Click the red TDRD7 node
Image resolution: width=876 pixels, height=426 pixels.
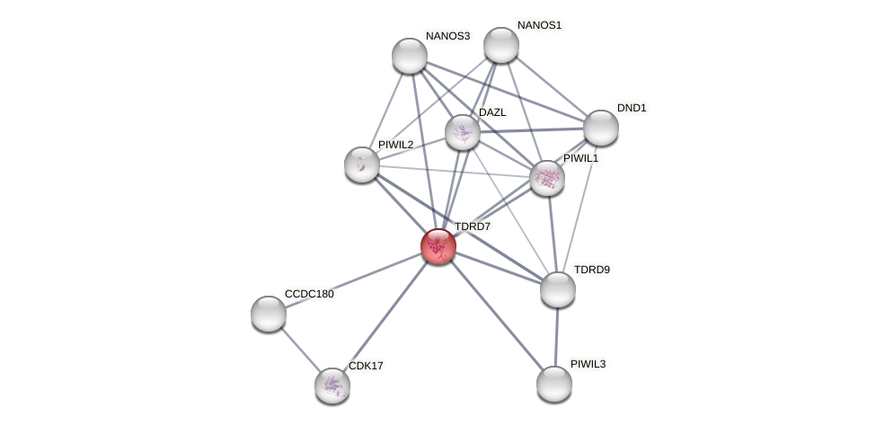[x=438, y=245]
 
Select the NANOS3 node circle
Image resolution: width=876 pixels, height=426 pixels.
[x=410, y=56]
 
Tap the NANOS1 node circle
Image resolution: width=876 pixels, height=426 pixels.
[x=500, y=45]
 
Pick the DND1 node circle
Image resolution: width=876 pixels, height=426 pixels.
[x=600, y=128]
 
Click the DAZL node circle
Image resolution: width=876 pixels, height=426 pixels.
[x=463, y=132]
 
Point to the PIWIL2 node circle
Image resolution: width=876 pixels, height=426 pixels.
[x=362, y=164]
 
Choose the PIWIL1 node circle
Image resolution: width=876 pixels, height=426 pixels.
[x=546, y=178]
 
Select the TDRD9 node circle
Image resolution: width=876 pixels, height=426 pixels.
[x=557, y=288]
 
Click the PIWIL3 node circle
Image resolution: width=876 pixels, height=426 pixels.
[x=553, y=384]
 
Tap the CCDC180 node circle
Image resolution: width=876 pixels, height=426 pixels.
[x=269, y=313]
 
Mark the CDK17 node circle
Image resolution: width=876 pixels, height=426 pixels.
[x=332, y=385]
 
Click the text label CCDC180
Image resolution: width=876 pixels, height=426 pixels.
[x=309, y=294]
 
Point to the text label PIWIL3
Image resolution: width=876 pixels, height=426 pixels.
[x=588, y=364]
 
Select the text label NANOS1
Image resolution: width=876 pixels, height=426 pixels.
[x=539, y=25]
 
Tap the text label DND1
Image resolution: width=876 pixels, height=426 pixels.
[x=632, y=108]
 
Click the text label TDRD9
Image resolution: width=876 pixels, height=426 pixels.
[x=592, y=270]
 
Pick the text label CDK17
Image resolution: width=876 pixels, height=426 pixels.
[x=367, y=366]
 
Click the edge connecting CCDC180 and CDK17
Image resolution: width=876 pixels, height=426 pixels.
[x=300, y=349]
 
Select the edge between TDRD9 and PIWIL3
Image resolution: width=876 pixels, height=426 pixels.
[x=555, y=336]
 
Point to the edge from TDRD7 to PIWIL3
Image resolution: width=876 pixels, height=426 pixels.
[x=496, y=315]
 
